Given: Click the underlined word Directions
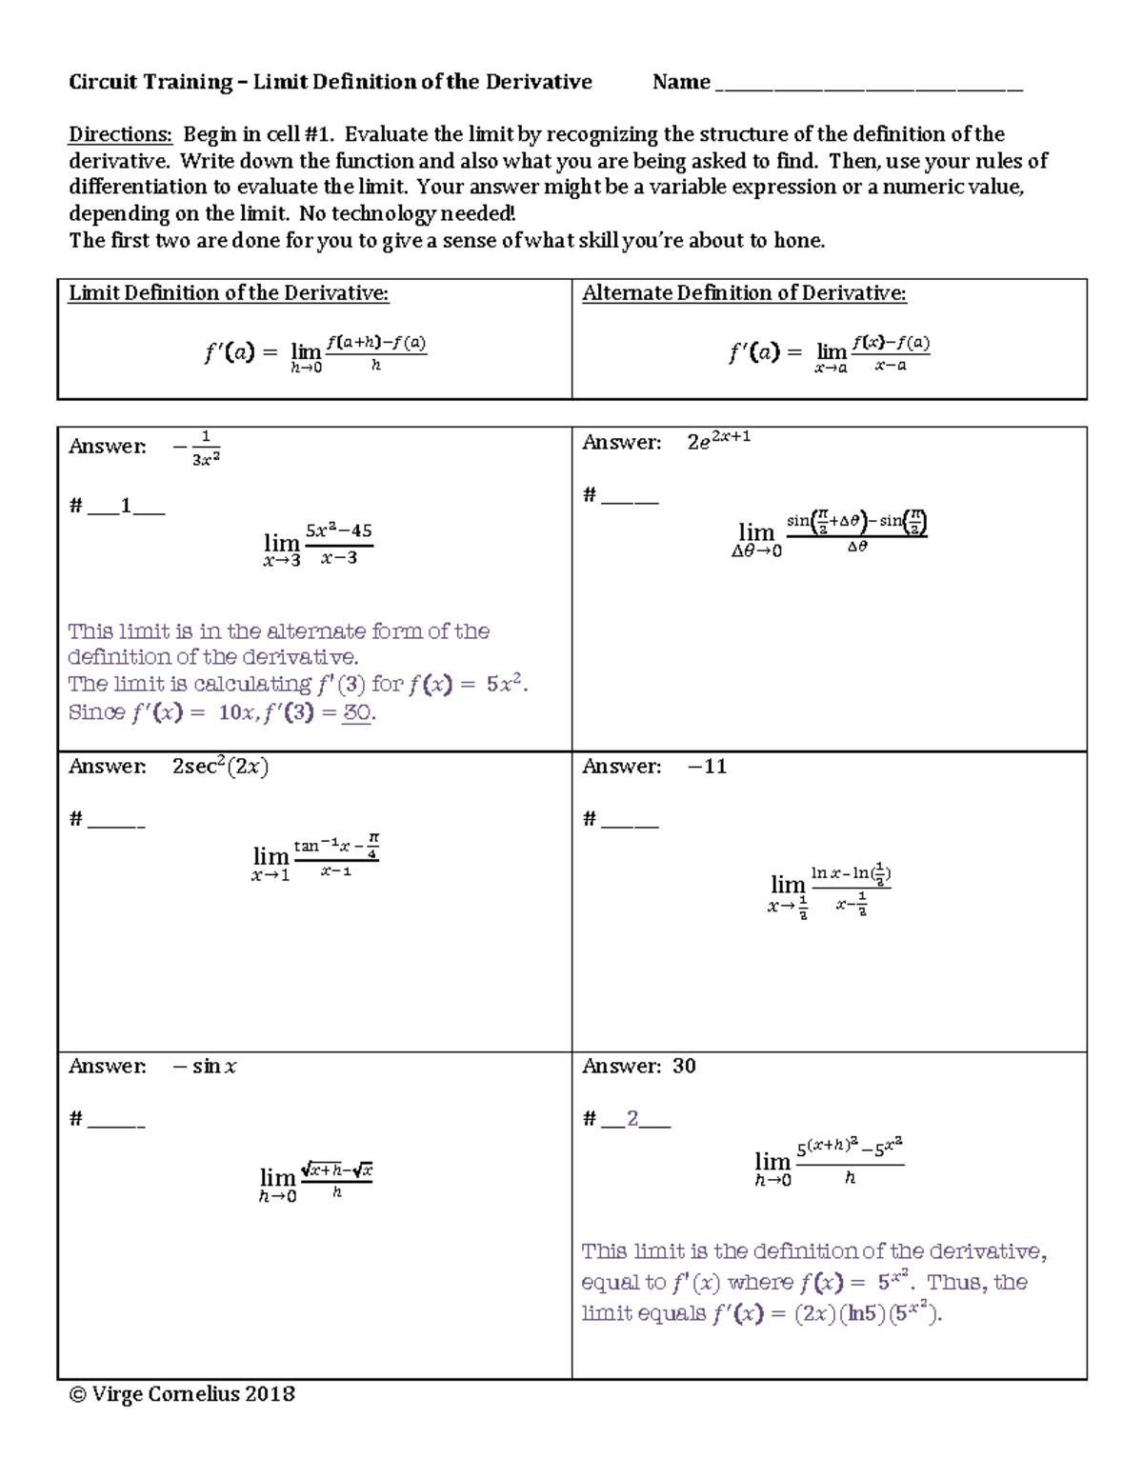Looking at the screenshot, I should [x=120, y=134].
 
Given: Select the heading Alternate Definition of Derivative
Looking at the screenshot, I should [x=744, y=293].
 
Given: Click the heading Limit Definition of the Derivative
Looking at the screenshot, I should [x=229, y=293].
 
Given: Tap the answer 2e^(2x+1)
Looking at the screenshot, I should [x=719, y=440].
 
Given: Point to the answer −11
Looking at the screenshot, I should [x=707, y=767].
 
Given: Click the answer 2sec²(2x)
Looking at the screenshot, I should [x=220, y=767].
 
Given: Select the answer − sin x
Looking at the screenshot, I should [x=205, y=1067].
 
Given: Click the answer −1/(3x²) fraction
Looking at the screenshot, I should [x=198, y=449].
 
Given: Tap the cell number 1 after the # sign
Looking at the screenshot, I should [x=126, y=507].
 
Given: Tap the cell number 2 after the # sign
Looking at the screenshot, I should [x=632, y=1120].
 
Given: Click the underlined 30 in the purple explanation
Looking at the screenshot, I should [x=356, y=712].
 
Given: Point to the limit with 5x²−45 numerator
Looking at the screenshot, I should [x=318, y=545].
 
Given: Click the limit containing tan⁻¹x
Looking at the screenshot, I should [x=315, y=857].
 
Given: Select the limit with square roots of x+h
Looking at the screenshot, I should [x=315, y=1181].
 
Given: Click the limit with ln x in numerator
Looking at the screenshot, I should [x=830, y=889].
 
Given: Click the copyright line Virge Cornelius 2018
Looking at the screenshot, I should [x=182, y=1394].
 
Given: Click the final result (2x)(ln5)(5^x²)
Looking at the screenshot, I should [x=867, y=1314].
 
